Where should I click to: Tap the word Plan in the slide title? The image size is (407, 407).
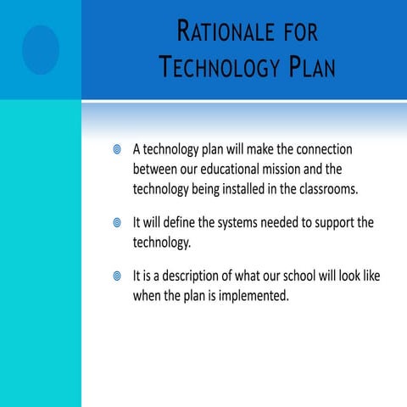305,67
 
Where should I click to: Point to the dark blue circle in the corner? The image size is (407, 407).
40,49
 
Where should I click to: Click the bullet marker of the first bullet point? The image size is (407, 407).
118,150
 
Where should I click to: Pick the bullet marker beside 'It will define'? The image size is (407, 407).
118,223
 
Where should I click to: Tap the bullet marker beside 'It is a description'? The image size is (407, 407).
118,277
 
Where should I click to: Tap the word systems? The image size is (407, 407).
250,223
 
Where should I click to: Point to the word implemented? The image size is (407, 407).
252,297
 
